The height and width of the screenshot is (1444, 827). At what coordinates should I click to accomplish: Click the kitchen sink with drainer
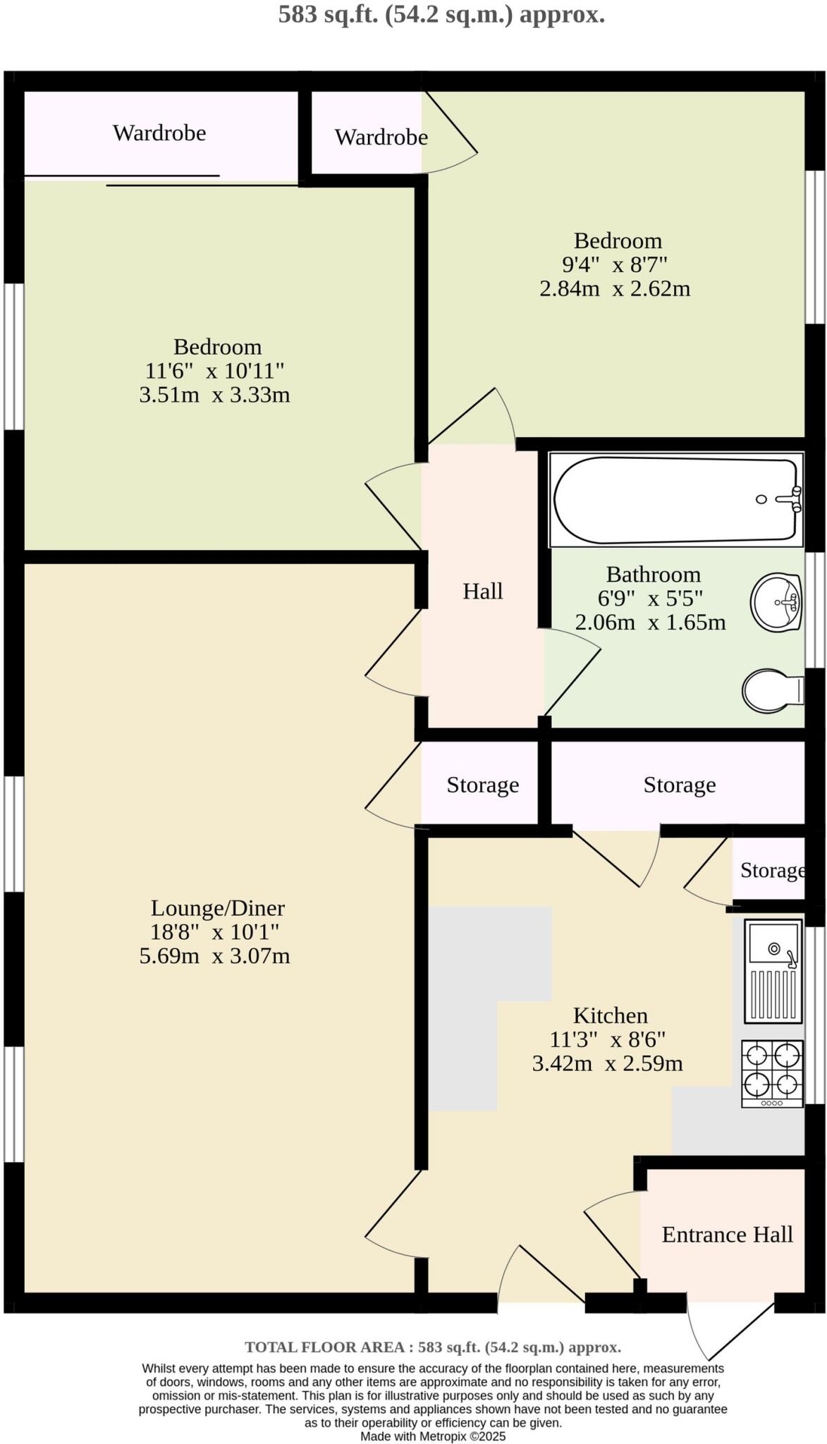click(773, 971)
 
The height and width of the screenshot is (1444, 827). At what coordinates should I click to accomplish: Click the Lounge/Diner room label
click(217, 908)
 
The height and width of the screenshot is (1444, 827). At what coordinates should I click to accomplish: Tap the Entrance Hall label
click(727, 1235)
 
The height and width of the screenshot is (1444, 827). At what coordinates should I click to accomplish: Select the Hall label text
click(482, 591)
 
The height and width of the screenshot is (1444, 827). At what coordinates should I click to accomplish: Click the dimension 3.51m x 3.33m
click(214, 395)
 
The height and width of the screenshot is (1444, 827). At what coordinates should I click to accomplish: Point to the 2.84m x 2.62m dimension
click(614, 289)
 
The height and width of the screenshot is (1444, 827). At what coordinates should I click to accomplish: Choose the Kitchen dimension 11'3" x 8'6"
click(607, 1039)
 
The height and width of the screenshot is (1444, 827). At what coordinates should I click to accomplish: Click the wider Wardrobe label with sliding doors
click(159, 133)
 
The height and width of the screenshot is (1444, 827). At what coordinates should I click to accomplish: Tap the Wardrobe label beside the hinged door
click(381, 137)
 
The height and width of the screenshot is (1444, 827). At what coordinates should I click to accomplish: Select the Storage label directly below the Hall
click(482, 785)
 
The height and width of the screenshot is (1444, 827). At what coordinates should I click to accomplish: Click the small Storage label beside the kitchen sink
click(772, 870)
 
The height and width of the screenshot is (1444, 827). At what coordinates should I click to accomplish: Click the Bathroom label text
click(653, 575)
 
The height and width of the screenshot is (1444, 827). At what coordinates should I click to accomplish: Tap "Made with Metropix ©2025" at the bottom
click(433, 1436)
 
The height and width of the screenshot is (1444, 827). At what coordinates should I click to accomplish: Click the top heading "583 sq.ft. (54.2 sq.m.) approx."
click(441, 14)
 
